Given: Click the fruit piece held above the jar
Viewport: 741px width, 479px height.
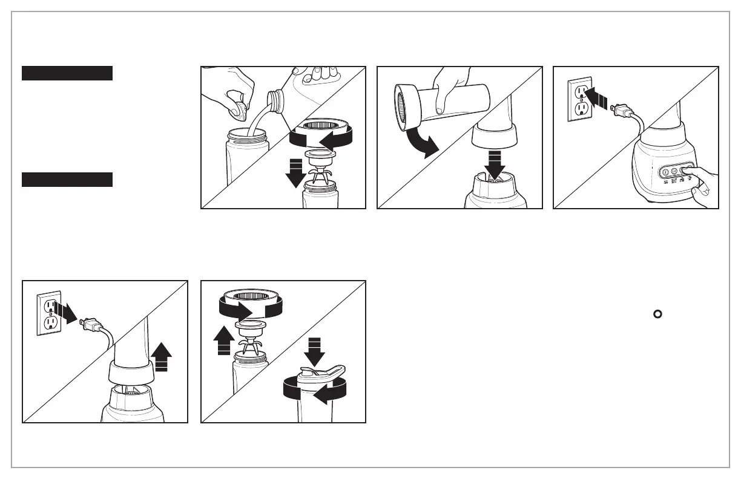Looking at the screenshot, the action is pos(242,111).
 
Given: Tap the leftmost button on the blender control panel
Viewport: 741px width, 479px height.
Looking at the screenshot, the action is pos(665,172).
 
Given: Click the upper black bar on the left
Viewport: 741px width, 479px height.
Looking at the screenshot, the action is pos(67,73).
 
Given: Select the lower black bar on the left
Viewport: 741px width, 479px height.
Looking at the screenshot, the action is pos(67,180).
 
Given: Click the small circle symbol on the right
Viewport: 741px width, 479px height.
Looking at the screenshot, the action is pos(657,313).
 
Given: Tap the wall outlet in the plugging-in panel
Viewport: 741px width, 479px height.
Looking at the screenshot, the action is pos(578,99).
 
